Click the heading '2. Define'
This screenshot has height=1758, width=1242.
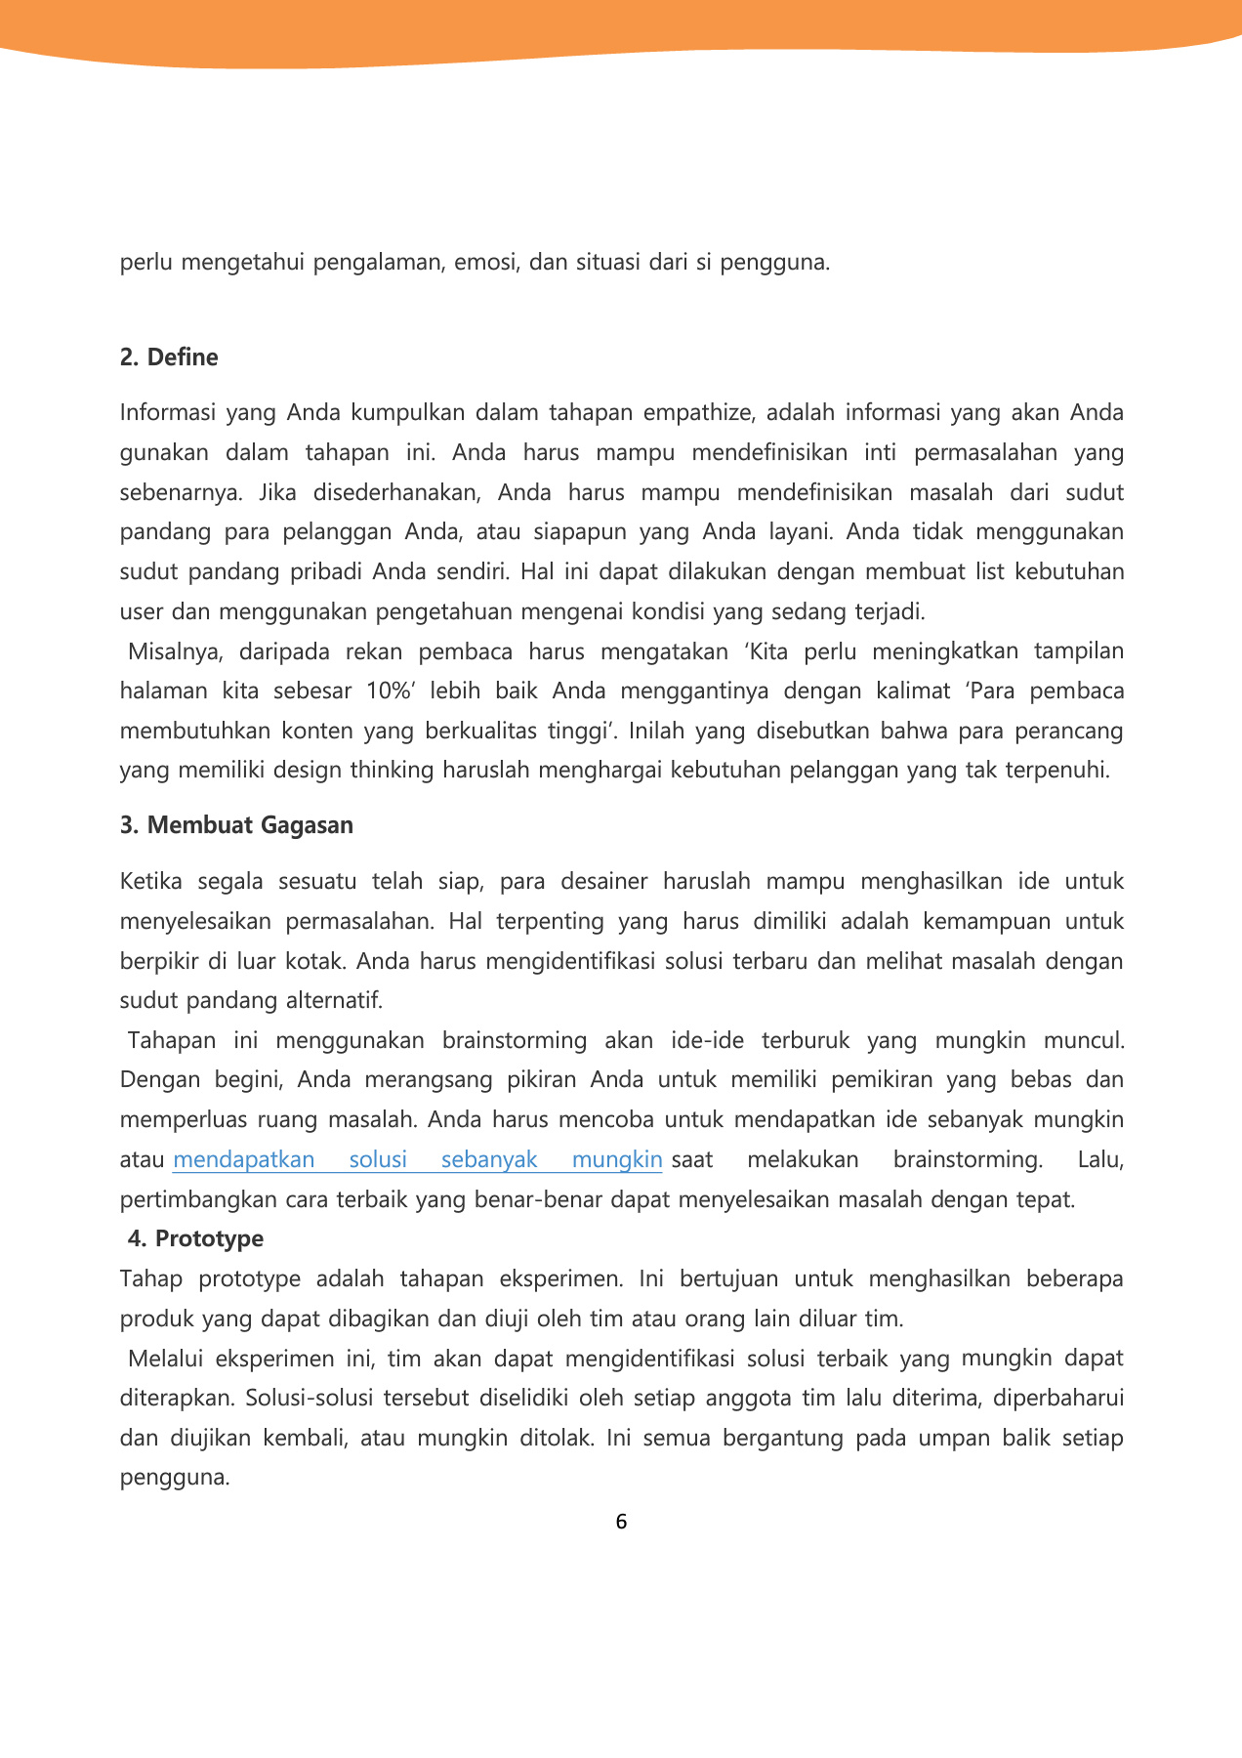point(169,357)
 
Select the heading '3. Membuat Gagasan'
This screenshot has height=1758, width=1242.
point(236,825)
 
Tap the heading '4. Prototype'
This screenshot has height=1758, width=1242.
point(195,1238)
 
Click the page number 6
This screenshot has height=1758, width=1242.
point(621,1522)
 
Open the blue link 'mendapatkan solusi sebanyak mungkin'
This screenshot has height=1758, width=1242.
point(418,1160)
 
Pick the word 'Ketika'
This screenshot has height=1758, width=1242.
point(150,882)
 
